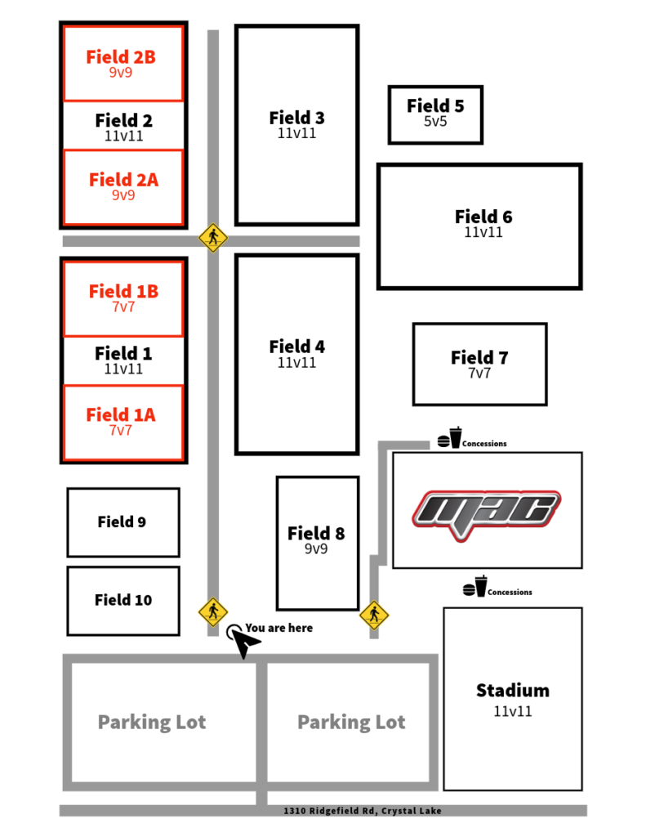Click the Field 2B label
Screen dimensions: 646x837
121,57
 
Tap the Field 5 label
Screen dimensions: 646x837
435,105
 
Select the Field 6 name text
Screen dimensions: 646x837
483,217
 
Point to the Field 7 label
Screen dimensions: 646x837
479,357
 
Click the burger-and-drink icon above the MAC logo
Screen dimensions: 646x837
450,438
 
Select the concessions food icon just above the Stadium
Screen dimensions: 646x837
474,587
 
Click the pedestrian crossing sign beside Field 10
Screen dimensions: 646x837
213,611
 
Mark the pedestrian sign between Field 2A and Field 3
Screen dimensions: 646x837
213,238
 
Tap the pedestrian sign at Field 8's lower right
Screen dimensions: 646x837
374,615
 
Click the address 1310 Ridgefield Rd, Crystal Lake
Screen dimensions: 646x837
363,811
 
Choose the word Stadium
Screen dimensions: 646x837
513,691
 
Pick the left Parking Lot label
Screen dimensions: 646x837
152,723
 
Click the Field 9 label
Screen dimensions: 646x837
122,521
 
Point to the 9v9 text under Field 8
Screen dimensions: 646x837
316,548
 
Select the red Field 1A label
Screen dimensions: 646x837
121,414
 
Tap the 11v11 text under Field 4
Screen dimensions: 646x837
296,363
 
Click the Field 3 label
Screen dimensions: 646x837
296,118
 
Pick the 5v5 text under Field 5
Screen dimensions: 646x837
435,122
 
